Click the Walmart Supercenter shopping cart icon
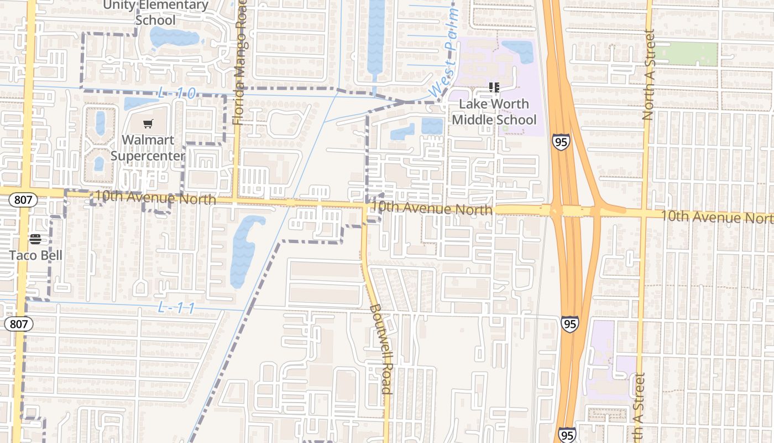(x=148, y=124)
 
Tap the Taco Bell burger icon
(x=35, y=239)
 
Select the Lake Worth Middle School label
(x=494, y=112)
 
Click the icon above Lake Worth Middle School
(x=494, y=87)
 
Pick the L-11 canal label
(x=176, y=308)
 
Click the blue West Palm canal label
(x=444, y=53)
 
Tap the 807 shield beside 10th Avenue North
(x=23, y=199)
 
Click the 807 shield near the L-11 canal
(x=18, y=324)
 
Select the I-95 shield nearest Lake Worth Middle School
(x=561, y=142)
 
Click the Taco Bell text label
(x=35, y=255)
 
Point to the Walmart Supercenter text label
(x=148, y=148)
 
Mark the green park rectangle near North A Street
(x=686, y=54)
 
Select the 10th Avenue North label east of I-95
(x=716, y=217)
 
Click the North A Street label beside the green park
(x=649, y=75)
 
